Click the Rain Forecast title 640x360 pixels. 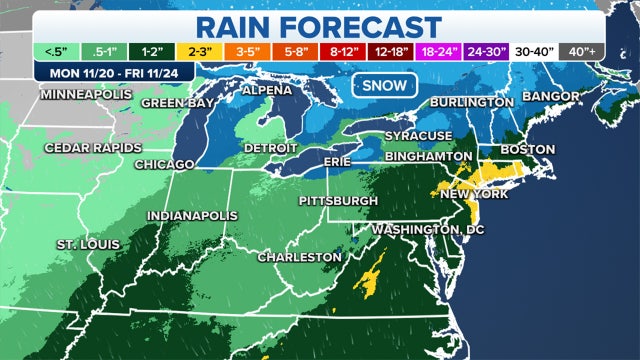coord(319,25)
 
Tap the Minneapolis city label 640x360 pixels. coord(85,94)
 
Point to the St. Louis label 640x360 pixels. coord(87,244)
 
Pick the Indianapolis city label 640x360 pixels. coord(192,215)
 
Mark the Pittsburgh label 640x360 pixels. coord(338,201)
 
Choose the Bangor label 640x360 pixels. coord(551,96)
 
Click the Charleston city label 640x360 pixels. coord(299,257)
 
